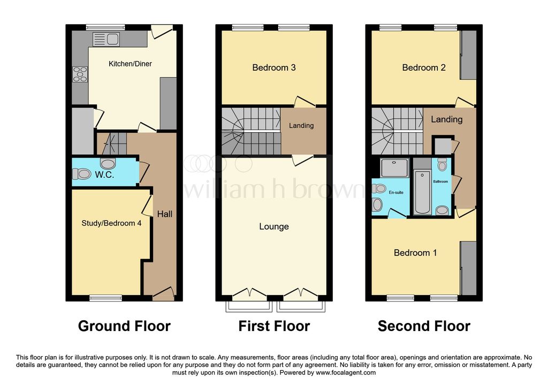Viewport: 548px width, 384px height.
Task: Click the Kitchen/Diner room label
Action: coord(130,64)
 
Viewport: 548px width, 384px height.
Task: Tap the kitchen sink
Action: coord(106,39)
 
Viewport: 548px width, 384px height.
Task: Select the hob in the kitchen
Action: coord(80,73)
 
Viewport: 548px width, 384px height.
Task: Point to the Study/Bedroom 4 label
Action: coord(111,223)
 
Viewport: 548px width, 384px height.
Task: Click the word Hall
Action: coord(165,214)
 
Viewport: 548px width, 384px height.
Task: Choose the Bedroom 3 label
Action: coord(274,67)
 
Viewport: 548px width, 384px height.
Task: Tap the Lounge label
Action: coord(274,227)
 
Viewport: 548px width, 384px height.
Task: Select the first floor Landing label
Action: coord(301,126)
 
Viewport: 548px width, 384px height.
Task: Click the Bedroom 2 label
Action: coord(424,67)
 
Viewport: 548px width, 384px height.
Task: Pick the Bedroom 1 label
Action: coord(415,253)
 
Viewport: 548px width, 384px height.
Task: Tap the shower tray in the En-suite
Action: coord(393,168)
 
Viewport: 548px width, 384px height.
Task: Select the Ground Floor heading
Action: coord(124,326)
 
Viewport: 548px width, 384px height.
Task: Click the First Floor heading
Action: coord(274,326)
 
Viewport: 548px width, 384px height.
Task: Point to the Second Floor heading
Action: coord(424,326)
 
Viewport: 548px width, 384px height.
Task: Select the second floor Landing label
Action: coord(446,119)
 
